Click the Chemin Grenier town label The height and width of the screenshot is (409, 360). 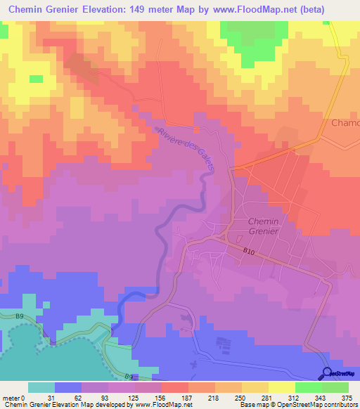click(264, 227)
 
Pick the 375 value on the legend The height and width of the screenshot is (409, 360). click(347, 397)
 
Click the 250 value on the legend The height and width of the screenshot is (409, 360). click(240, 397)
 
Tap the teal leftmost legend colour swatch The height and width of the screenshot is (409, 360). click(41, 387)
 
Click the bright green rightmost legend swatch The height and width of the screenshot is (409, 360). click(335, 387)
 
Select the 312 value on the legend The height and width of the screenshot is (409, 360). click(294, 397)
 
